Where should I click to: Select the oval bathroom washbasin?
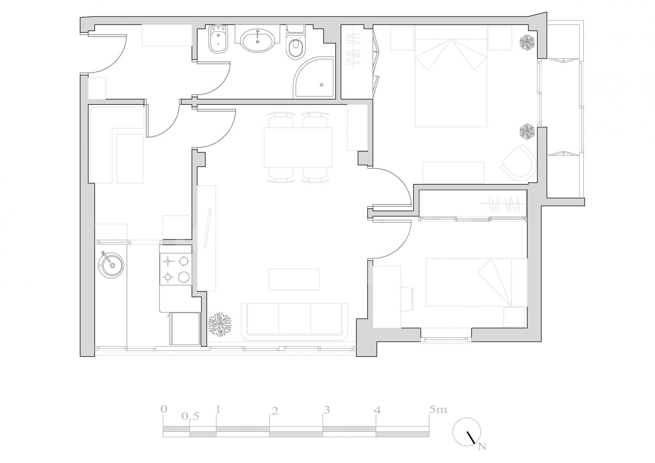(258, 41)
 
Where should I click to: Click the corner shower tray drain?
(322, 85)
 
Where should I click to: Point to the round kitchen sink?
(111, 265)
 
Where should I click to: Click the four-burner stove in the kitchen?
(176, 269)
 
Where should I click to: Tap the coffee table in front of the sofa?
(294, 279)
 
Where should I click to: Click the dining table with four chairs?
(298, 147)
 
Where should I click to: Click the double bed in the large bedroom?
(451, 77)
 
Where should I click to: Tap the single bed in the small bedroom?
(476, 283)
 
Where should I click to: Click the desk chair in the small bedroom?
(407, 299)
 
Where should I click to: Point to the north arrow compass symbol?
(467, 432)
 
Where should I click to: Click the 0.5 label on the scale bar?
(190, 417)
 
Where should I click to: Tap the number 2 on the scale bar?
(275, 411)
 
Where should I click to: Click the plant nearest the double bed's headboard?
(527, 42)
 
